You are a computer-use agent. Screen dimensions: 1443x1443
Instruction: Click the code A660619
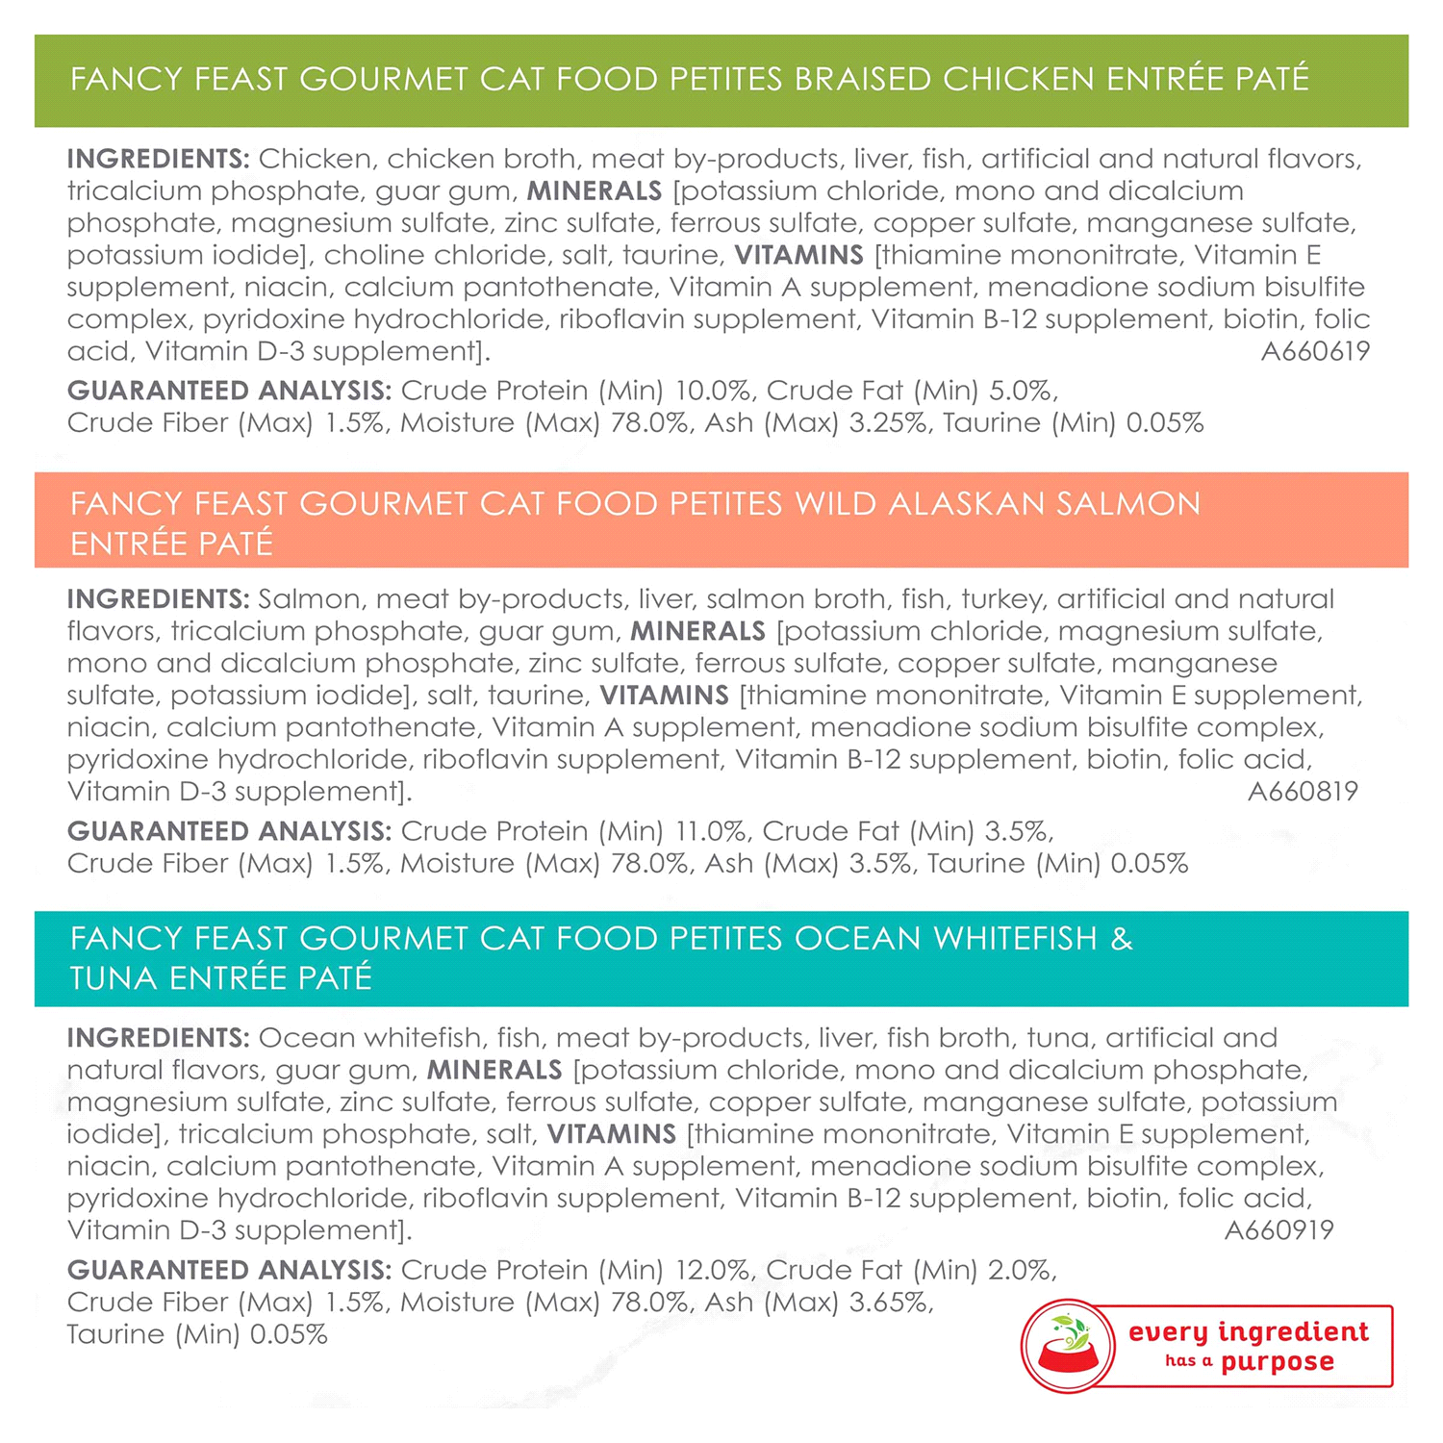click(x=1315, y=351)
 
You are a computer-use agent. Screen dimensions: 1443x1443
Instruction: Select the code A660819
click(x=1303, y=792)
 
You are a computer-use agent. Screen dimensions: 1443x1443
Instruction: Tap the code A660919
click(x=1278, y=1230)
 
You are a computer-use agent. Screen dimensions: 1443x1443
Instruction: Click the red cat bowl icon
click(x=1068, y=1346)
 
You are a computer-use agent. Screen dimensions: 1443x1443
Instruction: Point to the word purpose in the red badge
click(x=1278, y=1363)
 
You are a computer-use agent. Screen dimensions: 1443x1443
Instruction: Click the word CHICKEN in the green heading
click(x=1019, y=79)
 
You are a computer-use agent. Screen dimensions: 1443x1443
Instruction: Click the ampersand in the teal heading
click(x=1122, y=939)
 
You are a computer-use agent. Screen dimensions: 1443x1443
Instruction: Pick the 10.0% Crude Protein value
click(x=713, y=391)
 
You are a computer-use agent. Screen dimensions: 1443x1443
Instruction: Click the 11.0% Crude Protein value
click(x=711, y=831)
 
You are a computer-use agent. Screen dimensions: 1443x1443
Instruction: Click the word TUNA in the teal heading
click(x=114, y=978)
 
